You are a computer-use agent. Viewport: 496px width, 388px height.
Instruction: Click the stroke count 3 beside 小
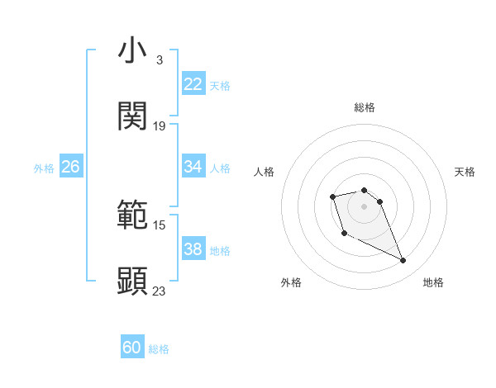159,60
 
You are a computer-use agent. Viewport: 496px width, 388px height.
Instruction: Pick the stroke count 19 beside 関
160,126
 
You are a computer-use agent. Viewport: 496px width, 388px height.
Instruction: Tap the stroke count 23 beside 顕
160,291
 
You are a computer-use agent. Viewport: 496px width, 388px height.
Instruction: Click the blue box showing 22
193,84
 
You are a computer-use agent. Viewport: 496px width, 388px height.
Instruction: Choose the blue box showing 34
193,167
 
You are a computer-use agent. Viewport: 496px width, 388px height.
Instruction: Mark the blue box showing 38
193,249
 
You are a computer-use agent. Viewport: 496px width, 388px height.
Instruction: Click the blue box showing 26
71,167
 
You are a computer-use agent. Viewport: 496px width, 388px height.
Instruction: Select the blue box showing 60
132,348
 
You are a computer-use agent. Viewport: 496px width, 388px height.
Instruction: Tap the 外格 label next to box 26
44,168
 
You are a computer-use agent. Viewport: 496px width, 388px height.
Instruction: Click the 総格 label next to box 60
159,350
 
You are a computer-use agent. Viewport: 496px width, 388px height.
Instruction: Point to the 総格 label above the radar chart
365,107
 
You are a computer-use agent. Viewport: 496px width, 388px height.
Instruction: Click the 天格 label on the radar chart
465,172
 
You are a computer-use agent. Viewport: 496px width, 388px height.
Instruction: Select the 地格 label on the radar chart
433,282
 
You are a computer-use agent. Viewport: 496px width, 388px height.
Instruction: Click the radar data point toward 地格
403,261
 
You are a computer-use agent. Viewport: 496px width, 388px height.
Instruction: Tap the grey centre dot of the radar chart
365,206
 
